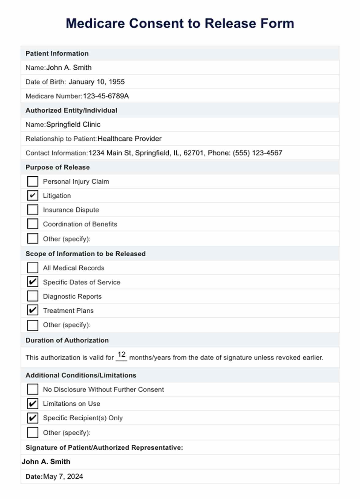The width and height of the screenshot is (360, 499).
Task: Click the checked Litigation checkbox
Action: [x=33, y=196]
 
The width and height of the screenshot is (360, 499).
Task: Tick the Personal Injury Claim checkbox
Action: [x=33, y=181]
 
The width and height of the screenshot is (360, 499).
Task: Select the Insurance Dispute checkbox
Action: [x=33, y=210]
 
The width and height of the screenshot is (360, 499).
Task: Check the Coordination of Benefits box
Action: [x=33, y=224]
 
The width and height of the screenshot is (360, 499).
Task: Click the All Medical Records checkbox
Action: [x=33, y=268]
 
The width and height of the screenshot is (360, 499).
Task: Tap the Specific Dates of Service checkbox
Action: [x=33, y=282]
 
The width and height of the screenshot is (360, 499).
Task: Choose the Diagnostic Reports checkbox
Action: [x=33, y=296]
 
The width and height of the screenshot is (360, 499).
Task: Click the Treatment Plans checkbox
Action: [x=33, y=310]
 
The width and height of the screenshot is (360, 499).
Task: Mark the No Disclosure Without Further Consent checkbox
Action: [x=33, y=389]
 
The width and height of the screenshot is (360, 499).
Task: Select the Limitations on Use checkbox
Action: [x=33, y=403]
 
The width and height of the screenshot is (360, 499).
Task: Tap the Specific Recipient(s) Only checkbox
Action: [x=33, y=418]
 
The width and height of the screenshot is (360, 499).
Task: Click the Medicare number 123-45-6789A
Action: [x=106, y=96]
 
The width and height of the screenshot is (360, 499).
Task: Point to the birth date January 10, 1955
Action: [x=96, y=82]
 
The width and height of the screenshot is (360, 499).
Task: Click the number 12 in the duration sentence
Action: [x=122, y=355]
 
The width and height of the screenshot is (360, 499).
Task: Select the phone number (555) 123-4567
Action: [x=257, y=153]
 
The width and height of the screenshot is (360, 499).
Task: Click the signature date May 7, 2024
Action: [x=63, y=476]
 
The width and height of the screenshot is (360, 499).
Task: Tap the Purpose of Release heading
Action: [x=58, y=167]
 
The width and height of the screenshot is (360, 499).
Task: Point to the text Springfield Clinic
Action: [x=73, y=125]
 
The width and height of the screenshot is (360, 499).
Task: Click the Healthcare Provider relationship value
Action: [x=129, y=139]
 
